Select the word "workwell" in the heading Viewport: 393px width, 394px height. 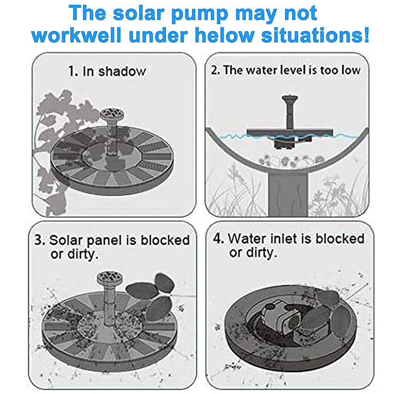pos(76,35)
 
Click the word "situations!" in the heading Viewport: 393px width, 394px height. pos(315,35)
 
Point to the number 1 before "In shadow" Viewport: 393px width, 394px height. pos(72,71)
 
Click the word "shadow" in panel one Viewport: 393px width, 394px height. pos(122,71)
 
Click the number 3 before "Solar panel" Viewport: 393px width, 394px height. pos(39,240)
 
